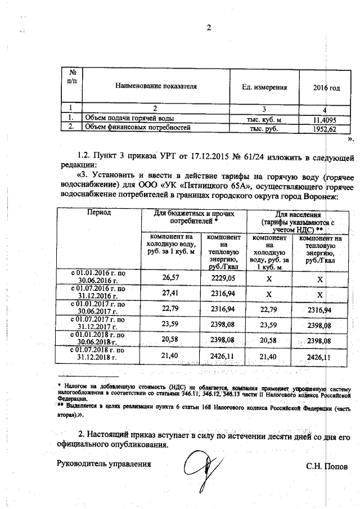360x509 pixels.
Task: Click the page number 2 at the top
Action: point(208,29)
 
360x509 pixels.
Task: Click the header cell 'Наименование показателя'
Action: point(156,87)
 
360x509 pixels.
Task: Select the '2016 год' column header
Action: point(326,87)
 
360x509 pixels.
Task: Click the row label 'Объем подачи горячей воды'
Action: point(129,119)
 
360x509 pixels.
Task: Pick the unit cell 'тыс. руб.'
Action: point(264,128)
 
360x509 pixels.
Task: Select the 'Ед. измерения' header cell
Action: point(264,87)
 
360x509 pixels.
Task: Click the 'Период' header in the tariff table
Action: point(98,213)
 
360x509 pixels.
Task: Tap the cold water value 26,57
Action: point(169,277)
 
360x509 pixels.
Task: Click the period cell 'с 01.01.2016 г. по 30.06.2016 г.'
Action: point(98,277)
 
